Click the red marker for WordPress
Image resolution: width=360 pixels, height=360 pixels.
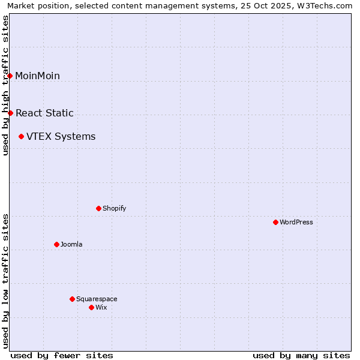(x=275, y=222)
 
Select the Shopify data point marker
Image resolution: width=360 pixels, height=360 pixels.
(x=98, y=208)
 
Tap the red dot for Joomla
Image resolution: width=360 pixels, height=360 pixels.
(x=56, y=244)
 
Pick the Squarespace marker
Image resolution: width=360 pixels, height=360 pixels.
(x=72, y=299)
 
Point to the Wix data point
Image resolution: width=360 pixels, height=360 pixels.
(x=91, y=307)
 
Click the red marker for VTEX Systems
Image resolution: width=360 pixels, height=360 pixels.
(x=21, y=137)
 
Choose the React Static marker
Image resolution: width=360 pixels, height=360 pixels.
(x=10, y=113)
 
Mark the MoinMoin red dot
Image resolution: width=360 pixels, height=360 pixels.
(x=10, y=76)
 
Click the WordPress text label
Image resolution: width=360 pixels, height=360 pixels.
(x=296, y=222)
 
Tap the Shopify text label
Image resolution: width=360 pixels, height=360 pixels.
(x=114, y=208)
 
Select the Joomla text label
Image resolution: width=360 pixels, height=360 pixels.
(x=71, y=244)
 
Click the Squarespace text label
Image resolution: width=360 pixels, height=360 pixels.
(x=97, y=299)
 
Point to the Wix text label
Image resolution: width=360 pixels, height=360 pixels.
(x=101, y=307)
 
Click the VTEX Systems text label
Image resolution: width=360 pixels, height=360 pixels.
(x=61, y=137)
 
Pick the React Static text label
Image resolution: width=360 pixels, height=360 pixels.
(x=44, y=113)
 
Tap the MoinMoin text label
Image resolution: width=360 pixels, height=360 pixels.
(x=37, y=76)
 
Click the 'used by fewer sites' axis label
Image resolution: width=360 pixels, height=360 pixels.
(x=62, y=355)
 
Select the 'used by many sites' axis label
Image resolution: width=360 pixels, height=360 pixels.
(x=301, y=355)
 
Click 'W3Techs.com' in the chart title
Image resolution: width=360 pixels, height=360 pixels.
(x=326, y=6)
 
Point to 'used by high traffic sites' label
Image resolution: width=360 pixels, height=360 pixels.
(x=6, y=85)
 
